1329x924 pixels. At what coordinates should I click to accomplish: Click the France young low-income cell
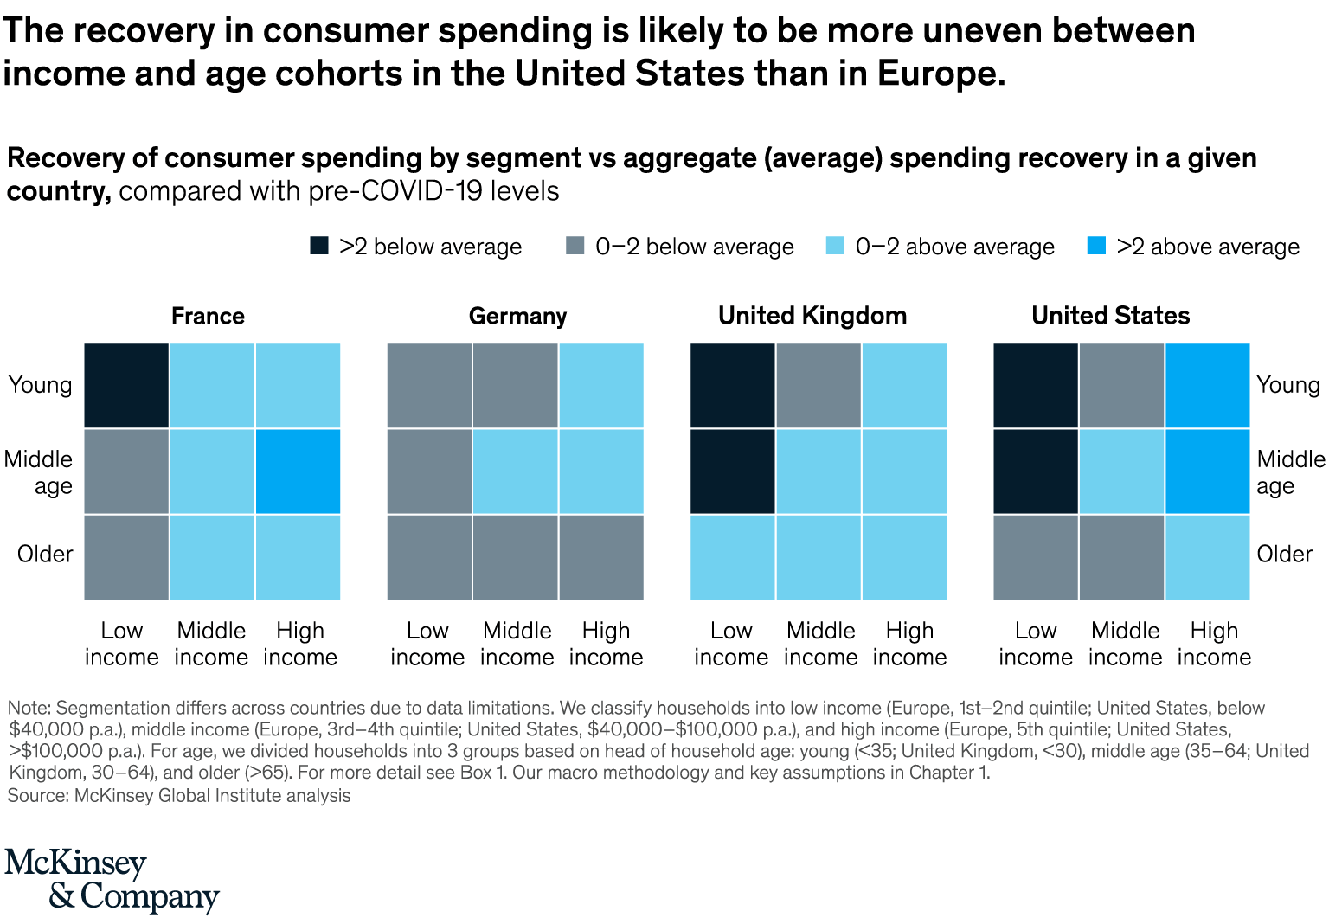tap(126, 386)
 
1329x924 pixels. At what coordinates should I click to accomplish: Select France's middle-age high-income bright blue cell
tap(298, 472)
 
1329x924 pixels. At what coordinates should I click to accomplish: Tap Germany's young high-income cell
tap(601, 386)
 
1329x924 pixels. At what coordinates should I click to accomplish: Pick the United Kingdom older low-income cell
tap(733, 557)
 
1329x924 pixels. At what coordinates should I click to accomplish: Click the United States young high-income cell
tap(1208, 386)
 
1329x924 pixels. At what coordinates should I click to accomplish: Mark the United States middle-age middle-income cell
tap(1122, 472)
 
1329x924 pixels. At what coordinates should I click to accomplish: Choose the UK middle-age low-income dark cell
tap(733, 472)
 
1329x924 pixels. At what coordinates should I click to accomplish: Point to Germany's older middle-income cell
tap(516, 557)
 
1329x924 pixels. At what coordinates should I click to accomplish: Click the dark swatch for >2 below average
tap(319, 246)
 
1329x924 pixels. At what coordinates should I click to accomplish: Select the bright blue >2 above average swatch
tap(1096, 246)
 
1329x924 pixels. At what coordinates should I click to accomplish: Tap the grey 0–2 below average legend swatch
tap(575, 246)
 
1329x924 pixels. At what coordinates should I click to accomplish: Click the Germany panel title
tap(517, 316)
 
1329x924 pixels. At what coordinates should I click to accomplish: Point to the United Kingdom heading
tap(812, 316)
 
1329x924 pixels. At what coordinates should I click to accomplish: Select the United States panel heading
tap(1110, 316)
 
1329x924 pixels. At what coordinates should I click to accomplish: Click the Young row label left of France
tap(40, 385)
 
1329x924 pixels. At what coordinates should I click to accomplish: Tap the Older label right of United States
tap(1284, 554)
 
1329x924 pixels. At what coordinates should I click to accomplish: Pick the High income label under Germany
tap(606, 644)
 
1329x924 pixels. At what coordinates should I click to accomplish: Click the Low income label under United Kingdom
tap(731, 644)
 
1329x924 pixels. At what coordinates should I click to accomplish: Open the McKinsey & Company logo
tap(112, 880)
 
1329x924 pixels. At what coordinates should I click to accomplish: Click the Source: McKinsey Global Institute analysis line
tap(179, 796)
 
